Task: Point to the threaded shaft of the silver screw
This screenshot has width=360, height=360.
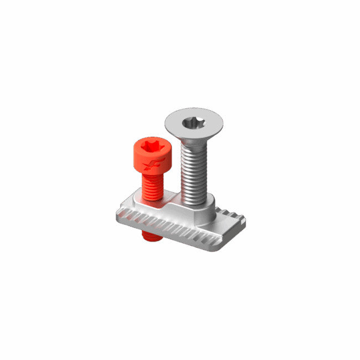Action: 194,172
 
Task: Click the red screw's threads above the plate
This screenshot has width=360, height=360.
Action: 152,186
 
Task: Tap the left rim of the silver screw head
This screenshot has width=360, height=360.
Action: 168,122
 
